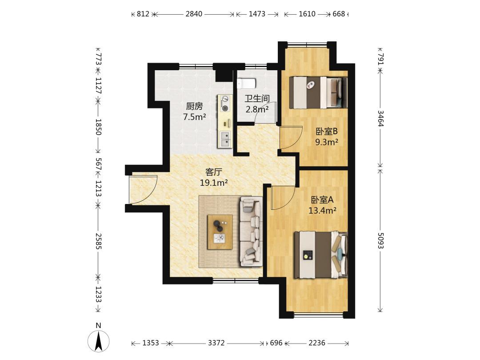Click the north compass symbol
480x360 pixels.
[x=98, y=341]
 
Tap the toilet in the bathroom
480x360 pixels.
[x=247, y=83]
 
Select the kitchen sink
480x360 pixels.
[x=225, y=139]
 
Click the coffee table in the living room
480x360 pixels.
[x=220, y=232]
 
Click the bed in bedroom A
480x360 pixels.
[x=320, y=255]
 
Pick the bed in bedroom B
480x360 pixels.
[x=318, y=92]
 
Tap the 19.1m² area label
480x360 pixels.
[x=214, y=183]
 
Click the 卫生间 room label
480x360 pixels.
[x=257, y=99]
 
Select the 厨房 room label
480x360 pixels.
[x=194, y=106]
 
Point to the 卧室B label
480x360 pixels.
[x=327, y=131]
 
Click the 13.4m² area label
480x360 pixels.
[x=322, y=210]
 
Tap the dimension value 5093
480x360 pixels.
[x=380, y=240]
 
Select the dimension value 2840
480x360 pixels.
[x=194, y=14]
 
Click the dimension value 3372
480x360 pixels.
[x=216, y=343]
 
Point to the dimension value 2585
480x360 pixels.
[x=98, y=241]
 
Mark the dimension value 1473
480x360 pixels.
[x=257, y=14]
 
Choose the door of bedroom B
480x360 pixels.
[x=291, y=138]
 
